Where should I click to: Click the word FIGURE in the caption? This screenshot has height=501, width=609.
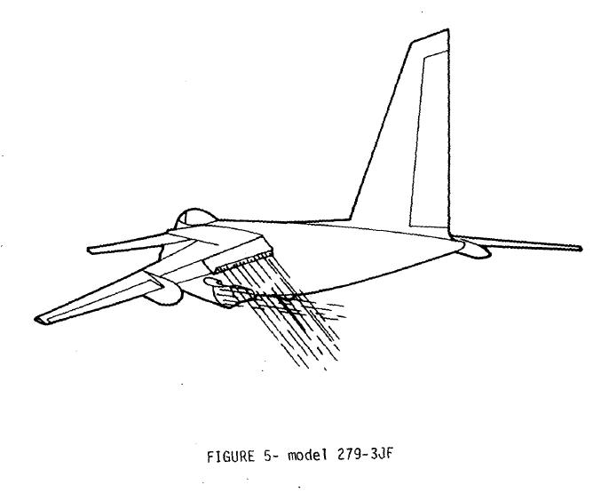coord(231,456)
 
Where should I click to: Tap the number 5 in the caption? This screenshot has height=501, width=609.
coord(268,456)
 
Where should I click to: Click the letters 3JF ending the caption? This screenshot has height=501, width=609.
coord(382,454)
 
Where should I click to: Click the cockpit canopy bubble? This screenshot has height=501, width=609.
coord(194,217)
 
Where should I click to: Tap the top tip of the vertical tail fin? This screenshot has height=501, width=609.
coord(448,29)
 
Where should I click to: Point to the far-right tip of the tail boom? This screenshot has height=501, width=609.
coord(581,248)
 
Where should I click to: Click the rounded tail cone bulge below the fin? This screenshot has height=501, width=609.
coord(475,250)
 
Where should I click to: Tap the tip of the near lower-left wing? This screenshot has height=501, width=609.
coord(38,320)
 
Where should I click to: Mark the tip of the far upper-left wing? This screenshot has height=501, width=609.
coord(90,250)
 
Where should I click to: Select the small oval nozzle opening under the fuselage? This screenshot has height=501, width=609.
coord(212,282)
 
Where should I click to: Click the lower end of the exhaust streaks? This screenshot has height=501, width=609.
coord(314,363)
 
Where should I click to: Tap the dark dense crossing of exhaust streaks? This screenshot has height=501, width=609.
coord(289,305)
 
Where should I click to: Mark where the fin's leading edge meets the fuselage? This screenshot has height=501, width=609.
coord(351,219)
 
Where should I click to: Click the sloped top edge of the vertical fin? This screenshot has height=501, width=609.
coord(430,36)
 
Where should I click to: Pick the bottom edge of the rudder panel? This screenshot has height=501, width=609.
coord(430,227)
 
